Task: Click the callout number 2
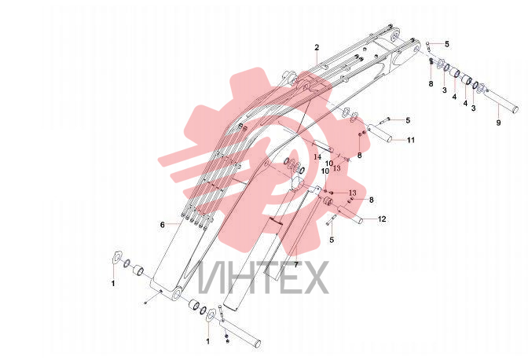click(x=317, y=47)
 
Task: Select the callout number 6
click(x=163, y=225)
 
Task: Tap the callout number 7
click(x=296, y=265)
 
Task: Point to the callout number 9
click(x=499, y=123)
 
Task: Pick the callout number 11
click(x=411, y=140)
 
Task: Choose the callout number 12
click(x=382, y=219)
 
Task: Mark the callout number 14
click(x=317, y=157)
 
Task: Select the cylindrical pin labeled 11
click(x=380, y=133)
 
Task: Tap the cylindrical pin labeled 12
click(x=350, y=215)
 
